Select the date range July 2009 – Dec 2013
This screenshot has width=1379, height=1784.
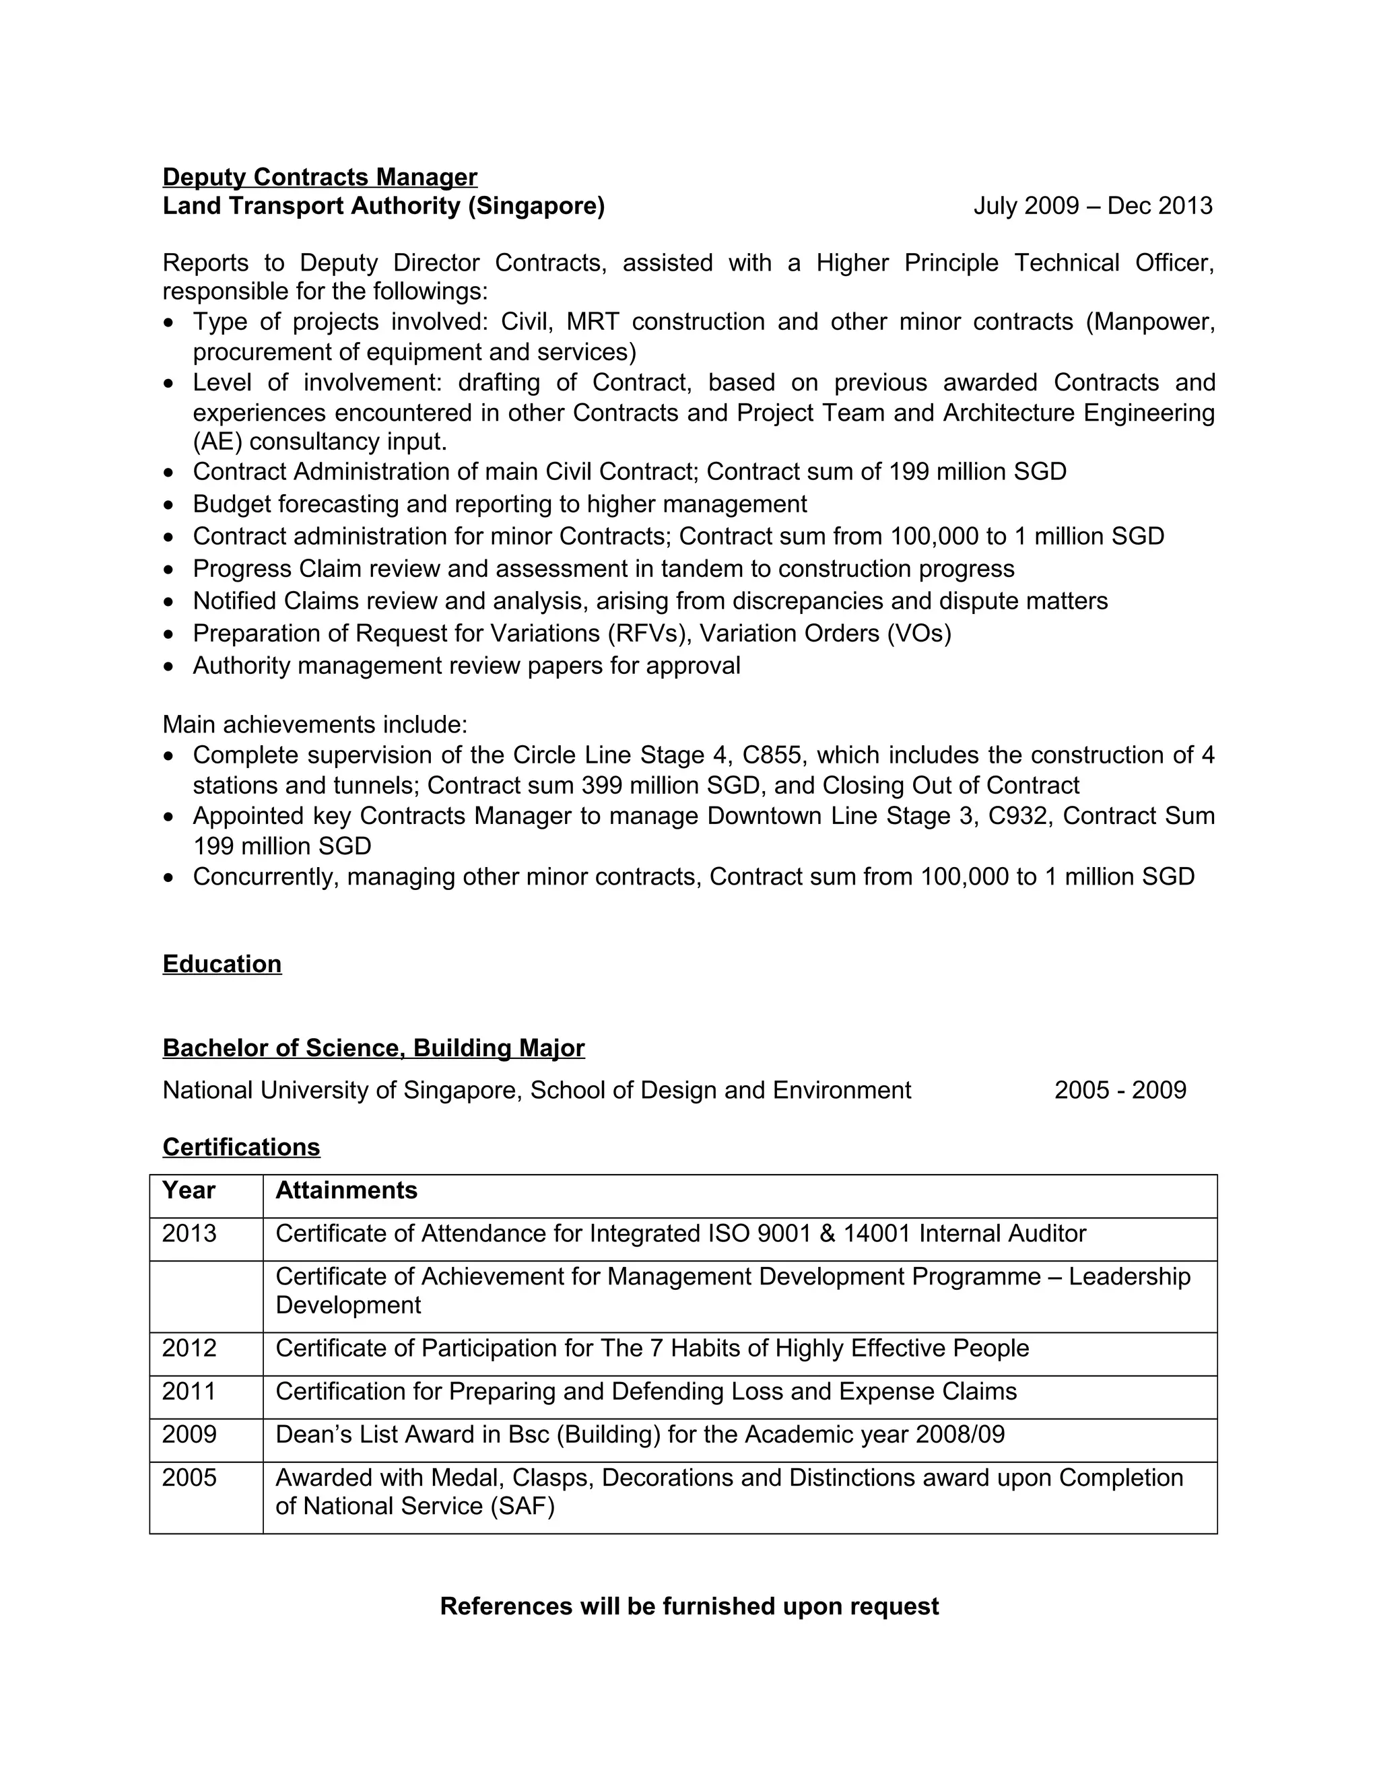(1092, 206)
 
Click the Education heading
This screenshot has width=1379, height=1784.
(222, 964)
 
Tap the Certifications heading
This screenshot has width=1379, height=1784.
(241, 1147)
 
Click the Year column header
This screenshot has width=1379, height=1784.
(189, 1190)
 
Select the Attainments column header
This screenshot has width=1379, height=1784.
(346, 1190)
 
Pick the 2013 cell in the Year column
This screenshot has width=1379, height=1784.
(189, 1233)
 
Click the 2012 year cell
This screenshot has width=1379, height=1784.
(189, 1348)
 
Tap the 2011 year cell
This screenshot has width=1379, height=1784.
(189, 1391)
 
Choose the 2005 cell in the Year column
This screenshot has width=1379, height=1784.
(189, 1478)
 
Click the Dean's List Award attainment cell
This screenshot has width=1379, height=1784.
(640, 1435)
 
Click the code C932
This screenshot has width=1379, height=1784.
(1017, 816)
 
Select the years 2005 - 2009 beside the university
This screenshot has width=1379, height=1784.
(1120, 1091)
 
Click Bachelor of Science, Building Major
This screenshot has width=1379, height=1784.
(373, 1048)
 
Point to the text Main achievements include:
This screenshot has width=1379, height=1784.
(315, 724)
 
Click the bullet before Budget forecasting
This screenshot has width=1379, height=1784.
(168, 506)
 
